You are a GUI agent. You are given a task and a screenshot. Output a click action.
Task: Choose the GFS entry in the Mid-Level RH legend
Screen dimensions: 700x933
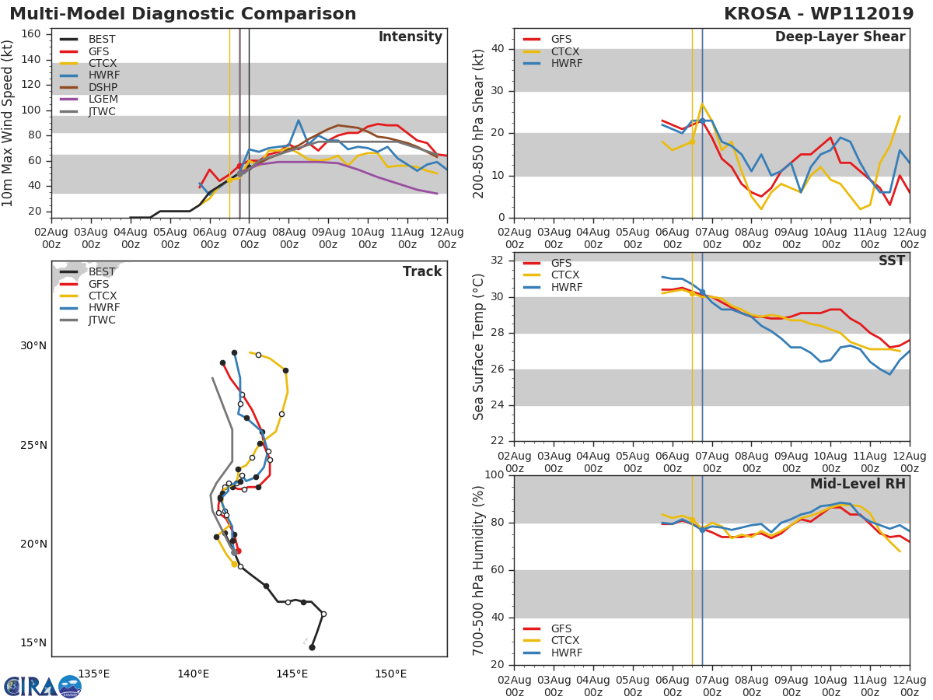click(x=561, y=628)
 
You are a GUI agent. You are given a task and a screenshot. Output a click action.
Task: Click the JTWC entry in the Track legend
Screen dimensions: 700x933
click(x=102, y=320)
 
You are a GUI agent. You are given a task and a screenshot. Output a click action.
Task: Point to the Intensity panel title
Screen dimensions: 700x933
click(x=410, y=37)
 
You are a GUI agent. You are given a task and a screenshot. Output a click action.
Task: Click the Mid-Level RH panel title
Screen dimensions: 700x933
click(x=858, y=485)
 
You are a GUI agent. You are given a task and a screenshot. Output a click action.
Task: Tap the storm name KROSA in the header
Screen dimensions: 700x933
click(x=758, y=14)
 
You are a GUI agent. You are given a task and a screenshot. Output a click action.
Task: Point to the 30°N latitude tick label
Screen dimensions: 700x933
click(x=33, y=346)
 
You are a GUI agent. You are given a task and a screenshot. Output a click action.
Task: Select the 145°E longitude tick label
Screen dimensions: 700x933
click(x=292, y=674)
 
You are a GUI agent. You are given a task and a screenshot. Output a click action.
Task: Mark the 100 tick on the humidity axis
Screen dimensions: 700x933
click(x=495, y=475)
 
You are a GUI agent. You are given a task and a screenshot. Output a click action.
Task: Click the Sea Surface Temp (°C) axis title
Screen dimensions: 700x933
click(x=479, y=347)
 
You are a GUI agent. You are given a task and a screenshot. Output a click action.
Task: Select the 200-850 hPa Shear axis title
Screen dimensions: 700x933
click(x=479, y=123)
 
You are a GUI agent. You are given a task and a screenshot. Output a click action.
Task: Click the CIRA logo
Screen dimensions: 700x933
click(x=43, y=686)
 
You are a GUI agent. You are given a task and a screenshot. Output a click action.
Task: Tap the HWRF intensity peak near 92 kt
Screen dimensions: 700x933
click(x=299, y=120)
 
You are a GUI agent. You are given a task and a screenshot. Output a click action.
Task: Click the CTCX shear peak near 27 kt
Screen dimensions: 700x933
click(x=702, y=103)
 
